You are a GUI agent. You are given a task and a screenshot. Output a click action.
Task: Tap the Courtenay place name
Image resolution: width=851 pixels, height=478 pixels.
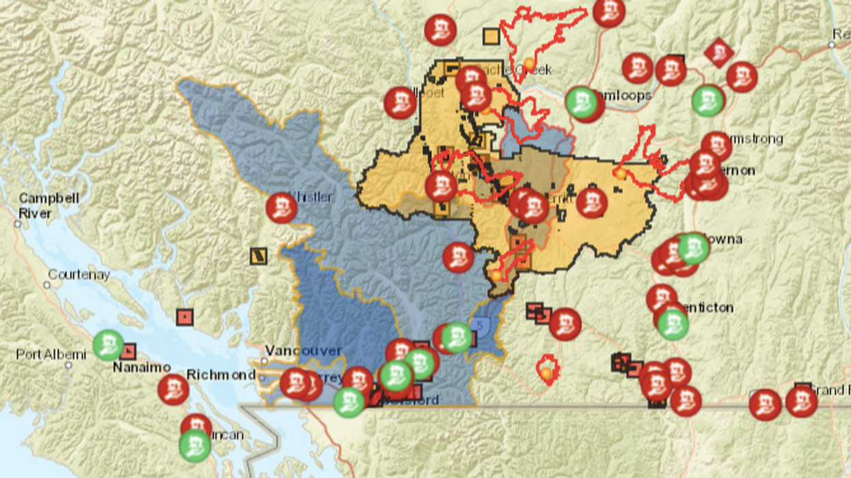coord(79,275)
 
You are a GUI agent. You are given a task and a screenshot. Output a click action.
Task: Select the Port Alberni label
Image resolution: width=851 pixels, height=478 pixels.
coord(51,354)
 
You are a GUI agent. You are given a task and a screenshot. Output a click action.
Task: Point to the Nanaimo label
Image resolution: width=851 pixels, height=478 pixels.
coord(141,367)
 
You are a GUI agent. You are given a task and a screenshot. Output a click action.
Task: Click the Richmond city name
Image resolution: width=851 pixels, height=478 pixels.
coord(221,375)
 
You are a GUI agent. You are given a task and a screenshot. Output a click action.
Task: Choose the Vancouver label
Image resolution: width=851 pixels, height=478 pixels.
coord(303,350)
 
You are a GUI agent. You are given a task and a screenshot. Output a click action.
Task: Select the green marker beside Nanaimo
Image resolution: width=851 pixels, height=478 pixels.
coord(108,345)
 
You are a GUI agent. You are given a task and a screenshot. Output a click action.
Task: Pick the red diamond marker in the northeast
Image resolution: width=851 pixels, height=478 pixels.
coord(718,53)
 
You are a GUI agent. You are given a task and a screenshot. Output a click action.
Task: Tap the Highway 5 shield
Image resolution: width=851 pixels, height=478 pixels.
coord(480,326)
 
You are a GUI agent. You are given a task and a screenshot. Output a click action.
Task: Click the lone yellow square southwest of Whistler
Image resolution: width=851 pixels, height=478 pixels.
coord(258,256)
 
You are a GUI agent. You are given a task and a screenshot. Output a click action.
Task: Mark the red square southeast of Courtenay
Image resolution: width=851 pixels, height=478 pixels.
coord(184,317)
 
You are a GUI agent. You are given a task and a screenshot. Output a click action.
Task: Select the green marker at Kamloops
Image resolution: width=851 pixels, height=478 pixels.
coord(581,102)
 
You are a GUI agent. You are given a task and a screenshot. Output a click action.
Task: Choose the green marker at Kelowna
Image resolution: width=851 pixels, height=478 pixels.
coord(693,249)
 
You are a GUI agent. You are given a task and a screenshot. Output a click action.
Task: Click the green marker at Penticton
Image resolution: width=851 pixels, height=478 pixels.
coord(673,324)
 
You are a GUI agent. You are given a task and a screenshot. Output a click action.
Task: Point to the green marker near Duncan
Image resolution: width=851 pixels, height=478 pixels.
coord(195,445)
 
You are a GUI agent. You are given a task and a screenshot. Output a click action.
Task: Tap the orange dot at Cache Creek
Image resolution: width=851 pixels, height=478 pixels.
coord(529,64)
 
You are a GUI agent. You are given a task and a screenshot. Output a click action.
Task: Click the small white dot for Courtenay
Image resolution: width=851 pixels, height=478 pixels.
coord(49,285)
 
